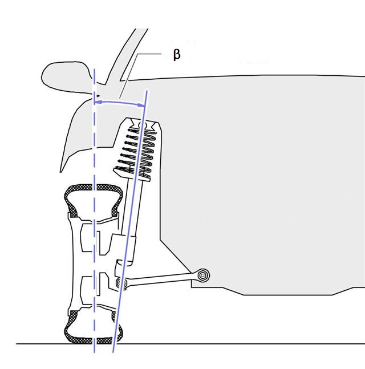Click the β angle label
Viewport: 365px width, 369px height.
(177, 55)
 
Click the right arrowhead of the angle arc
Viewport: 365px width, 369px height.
(141, 105)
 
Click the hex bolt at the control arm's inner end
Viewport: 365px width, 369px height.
(203, 275)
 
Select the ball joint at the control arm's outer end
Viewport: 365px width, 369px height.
(121, 282)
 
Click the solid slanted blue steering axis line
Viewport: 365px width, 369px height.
(130, 221)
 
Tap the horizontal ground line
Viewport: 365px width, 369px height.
(190, 344)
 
